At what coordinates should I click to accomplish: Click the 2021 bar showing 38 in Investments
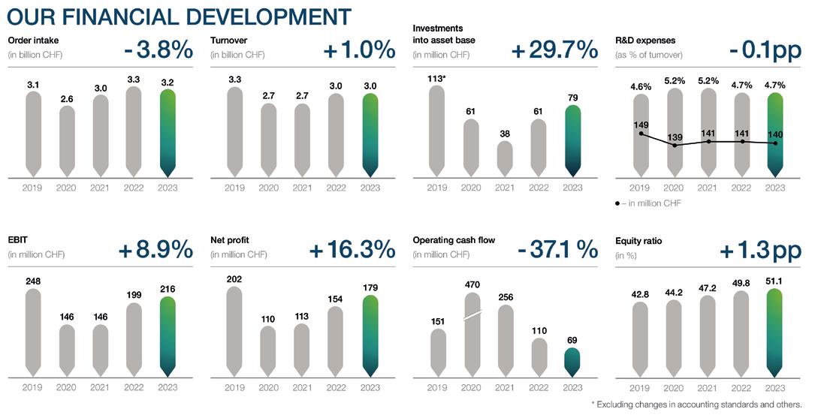[505, 158]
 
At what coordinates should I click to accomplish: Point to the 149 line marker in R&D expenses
[640, 134]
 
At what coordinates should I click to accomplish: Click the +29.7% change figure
[554, 50]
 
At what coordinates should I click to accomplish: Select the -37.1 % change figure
[557, 249]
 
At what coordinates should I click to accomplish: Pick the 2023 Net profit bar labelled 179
[370, 335]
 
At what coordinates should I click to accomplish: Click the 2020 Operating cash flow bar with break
[471, 334]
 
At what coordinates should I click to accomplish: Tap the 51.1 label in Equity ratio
[775, 281]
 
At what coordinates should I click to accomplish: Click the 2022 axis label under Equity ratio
[741, 388]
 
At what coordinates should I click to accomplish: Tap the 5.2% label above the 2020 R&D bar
[674, 81]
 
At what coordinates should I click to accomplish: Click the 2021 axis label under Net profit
[302, 388]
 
